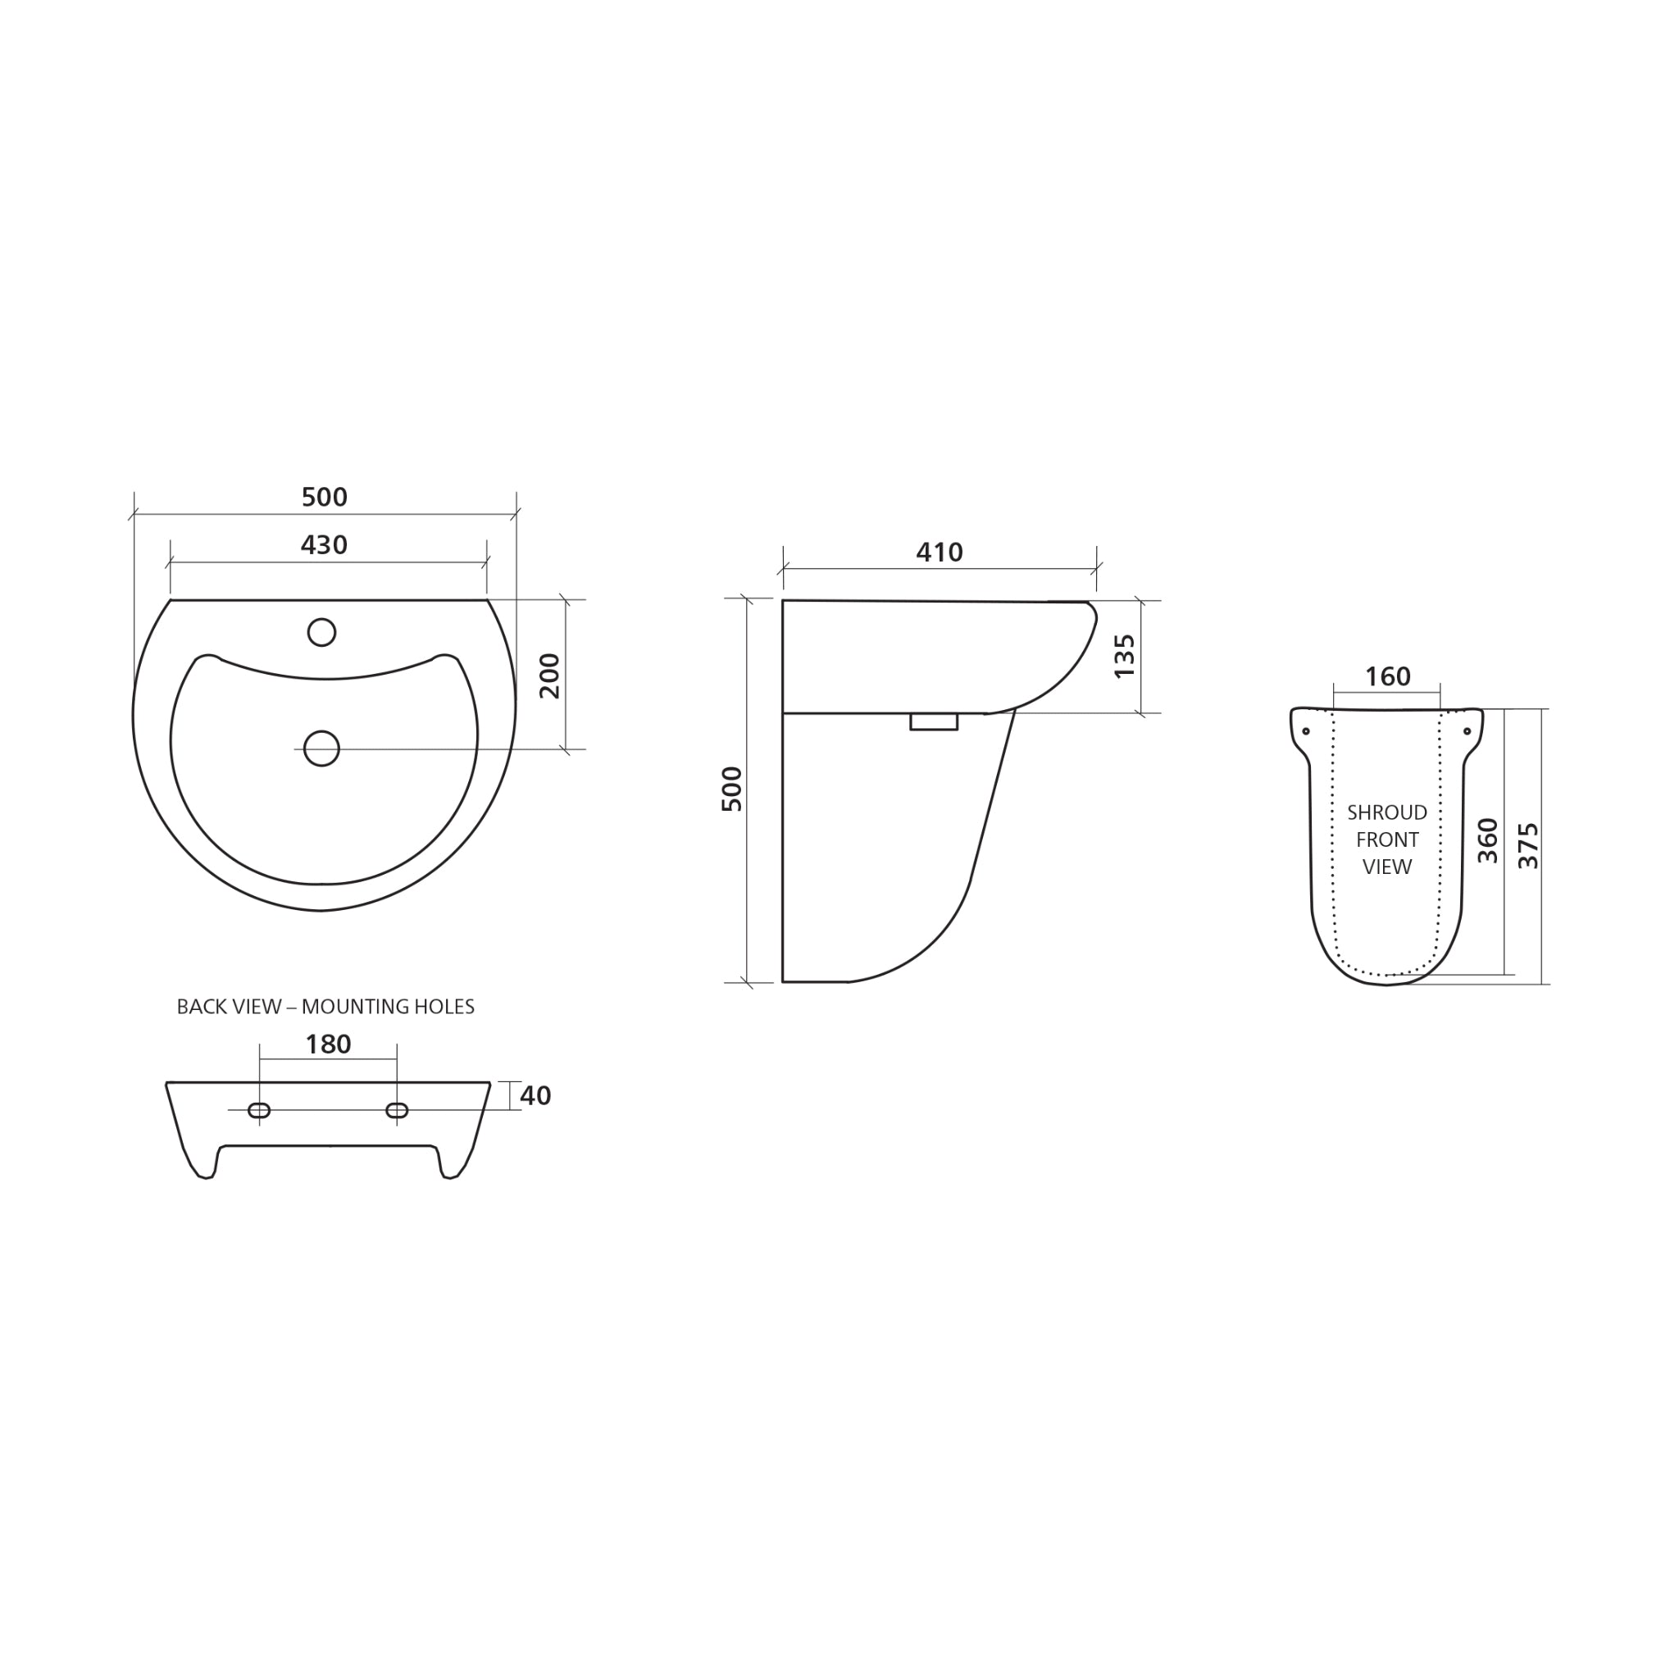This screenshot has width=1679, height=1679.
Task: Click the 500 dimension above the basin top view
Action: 324,497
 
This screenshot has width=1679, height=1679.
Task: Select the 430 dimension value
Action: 323,545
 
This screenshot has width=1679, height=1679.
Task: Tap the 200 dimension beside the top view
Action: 550,676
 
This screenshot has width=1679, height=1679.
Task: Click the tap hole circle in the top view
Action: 321,632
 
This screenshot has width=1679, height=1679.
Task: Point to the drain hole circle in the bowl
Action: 321,748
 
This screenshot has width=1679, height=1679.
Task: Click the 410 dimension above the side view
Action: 940,552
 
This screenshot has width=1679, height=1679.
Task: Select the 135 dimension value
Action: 1125,656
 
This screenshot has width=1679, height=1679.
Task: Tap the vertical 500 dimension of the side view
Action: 734,789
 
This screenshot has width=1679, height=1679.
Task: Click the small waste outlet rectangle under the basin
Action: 933,721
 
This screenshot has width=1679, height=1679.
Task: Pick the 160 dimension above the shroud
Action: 1387,676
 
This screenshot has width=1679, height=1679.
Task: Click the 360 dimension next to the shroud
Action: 1488,840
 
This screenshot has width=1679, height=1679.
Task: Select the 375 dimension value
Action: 1528,845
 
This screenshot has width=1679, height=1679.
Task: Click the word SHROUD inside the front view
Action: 1387,812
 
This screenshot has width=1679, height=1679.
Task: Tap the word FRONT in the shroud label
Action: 1387,839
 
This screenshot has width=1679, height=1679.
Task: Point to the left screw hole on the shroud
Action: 1305,730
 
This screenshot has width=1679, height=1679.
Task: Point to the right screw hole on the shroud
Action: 1467,730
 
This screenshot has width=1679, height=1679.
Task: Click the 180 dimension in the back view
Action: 328,1044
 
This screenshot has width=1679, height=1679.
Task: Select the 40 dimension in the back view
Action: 535,1096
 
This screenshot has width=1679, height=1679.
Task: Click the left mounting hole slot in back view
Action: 259,1110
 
